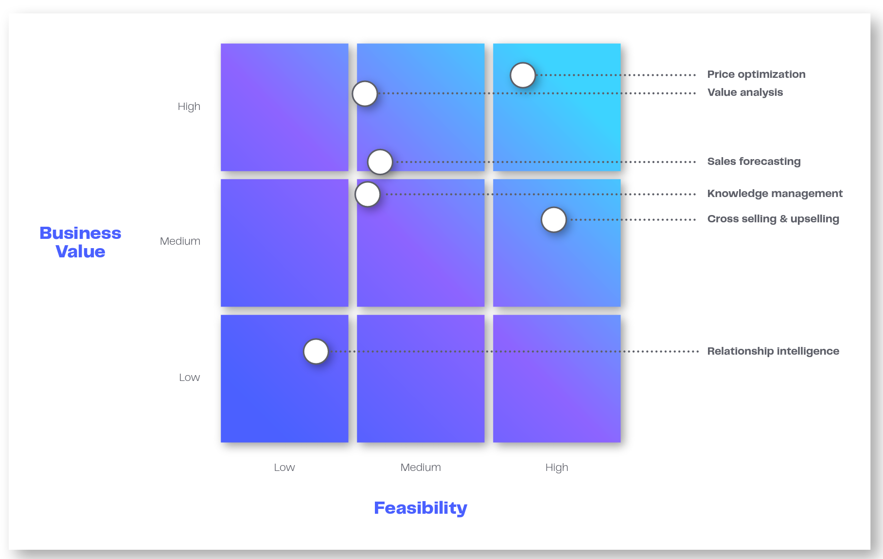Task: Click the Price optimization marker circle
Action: point(523,75)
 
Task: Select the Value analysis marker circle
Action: point(365,93)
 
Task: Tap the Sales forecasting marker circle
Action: point(380,162)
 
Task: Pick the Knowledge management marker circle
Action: point(368,194)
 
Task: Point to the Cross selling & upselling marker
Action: point(554,219)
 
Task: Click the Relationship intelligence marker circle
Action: point(316,351)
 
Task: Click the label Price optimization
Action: point(756,74)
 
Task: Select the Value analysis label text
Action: point(745,92)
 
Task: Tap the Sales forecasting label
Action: point(754,162)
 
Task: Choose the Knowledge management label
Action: point(775,194)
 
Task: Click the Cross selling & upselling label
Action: point(773,219)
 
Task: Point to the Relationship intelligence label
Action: point(773,351)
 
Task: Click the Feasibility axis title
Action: point(421,508)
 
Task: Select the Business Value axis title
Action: point(80,242)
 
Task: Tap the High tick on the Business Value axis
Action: point(189,107)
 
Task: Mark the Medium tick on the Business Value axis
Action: point(180,241)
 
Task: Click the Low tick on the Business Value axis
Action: point(189,378)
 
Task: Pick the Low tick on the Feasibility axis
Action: point(284,468)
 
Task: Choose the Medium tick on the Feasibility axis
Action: point(421,468)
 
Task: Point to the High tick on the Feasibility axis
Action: point(557,468)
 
